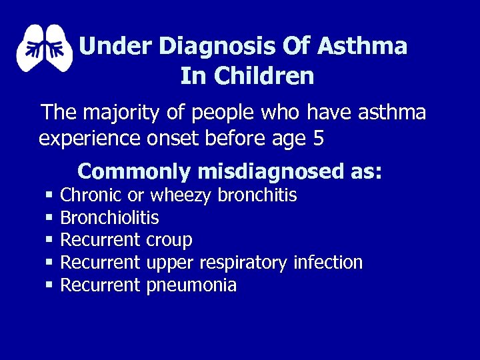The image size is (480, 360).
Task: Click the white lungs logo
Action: [x=44, y=48]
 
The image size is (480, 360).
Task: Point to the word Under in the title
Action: [x=116, y=46]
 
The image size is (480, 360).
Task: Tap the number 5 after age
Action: [x=318, y=139]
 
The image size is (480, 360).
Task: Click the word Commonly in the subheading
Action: [x=135, y=171]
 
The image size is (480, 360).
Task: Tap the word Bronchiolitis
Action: [x=109, y=217]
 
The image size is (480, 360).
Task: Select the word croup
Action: [x=169, y=241]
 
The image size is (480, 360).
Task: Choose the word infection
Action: [x=328, y=263]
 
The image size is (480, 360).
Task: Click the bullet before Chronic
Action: [x=49, y=195]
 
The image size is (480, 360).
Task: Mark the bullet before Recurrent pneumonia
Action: [x=49, y=285]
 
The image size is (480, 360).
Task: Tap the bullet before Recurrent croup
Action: [x=49, y=240]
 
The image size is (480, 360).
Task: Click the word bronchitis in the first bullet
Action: [x=257, y=195]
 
